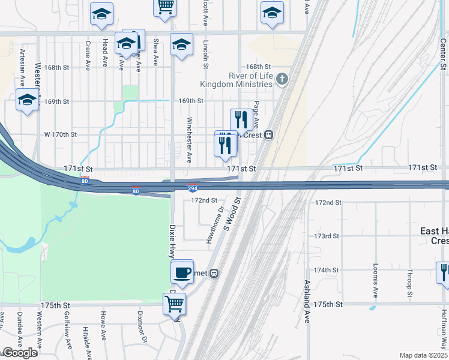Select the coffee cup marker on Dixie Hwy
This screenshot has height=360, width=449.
coord(182,273)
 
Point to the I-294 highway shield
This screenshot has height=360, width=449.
coord(193,188)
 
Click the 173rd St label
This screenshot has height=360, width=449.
coord(327,236)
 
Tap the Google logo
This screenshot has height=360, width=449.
coord(19,353)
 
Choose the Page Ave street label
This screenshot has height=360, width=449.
coord(256,115)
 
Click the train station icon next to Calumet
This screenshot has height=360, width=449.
coord(214,273)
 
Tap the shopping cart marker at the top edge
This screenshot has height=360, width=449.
coord(165,7)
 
